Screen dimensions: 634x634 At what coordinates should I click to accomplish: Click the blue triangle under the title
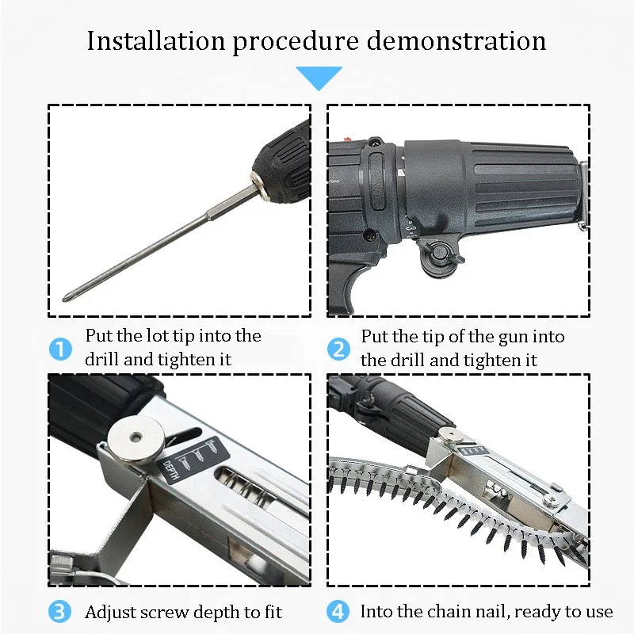(x=319, y=77)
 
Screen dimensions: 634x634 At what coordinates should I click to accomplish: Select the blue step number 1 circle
(x=60, y=349)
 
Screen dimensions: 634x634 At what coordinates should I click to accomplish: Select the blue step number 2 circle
(x=338, y=349)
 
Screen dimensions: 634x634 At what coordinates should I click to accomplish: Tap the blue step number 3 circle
(x=60, y=612)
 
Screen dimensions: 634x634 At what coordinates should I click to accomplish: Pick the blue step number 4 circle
(x=338, y=612)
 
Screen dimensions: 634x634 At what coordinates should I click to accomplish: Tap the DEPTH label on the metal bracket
(x=170, y=472)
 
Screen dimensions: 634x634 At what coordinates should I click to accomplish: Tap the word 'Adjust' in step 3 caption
(x=110, y=612)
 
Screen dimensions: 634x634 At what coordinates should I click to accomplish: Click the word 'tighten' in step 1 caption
(x=184, y=360)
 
